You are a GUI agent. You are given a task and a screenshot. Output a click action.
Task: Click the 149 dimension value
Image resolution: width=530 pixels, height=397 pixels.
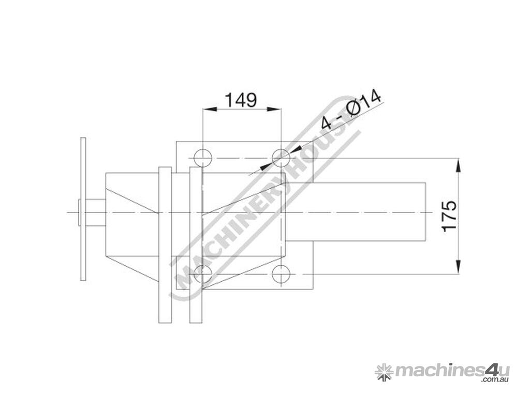tap(241, 100)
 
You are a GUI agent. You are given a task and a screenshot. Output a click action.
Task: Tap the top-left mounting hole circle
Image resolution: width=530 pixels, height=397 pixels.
tap(202, 158)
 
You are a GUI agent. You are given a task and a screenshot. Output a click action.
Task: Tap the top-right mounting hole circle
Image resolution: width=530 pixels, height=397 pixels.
tap(281, 158)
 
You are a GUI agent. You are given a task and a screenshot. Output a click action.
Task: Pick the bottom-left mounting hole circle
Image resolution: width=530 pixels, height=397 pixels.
tap(202, 273)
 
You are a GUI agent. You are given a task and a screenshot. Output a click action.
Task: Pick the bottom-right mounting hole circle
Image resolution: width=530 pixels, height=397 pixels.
tap(281, 273)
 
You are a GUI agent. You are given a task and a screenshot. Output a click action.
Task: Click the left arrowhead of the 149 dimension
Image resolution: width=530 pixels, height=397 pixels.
tap(210, 109)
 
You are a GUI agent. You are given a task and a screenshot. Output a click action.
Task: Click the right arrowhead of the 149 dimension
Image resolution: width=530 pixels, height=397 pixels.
tap(274, 109)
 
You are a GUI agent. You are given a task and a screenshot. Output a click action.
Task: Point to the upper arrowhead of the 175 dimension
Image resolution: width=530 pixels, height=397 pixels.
tap(458, 165)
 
